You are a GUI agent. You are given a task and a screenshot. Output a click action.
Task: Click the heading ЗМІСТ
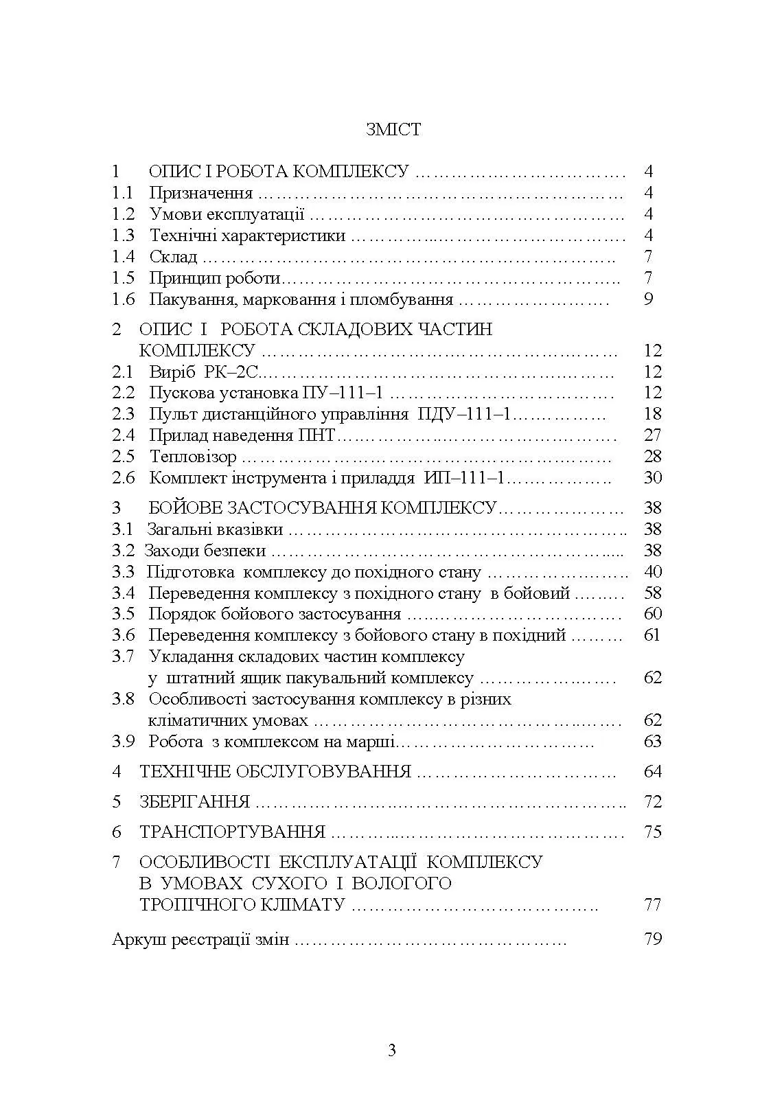pyautogui.click(x=393, y=130)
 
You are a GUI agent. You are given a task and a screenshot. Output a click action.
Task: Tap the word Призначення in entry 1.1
pyautogui.click(x=200, y=194)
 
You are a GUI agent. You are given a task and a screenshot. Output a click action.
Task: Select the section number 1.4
pyautogui.click(x=124, y=258)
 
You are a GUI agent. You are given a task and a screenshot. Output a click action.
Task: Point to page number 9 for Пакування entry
pyautogui.click(x=649, y=299)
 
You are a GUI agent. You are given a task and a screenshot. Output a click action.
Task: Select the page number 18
pyautogui.click(x=652, y=414)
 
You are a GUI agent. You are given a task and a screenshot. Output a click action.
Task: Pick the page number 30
pyautogui.click(x=652, y=479)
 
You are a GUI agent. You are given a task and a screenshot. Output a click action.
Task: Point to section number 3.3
pyautogui.click(x=123, y=573)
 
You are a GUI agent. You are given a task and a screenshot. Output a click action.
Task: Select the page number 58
pyautogui.click(x=652, y=593)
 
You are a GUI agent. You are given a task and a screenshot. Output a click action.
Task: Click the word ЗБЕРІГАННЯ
pyautogui.click(x=194, y=802)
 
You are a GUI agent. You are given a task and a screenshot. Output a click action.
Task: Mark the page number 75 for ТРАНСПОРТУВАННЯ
pyautogui.click(x=652, y=832)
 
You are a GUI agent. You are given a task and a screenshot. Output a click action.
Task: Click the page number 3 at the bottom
pyautogui.click(x=392, y=1051)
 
